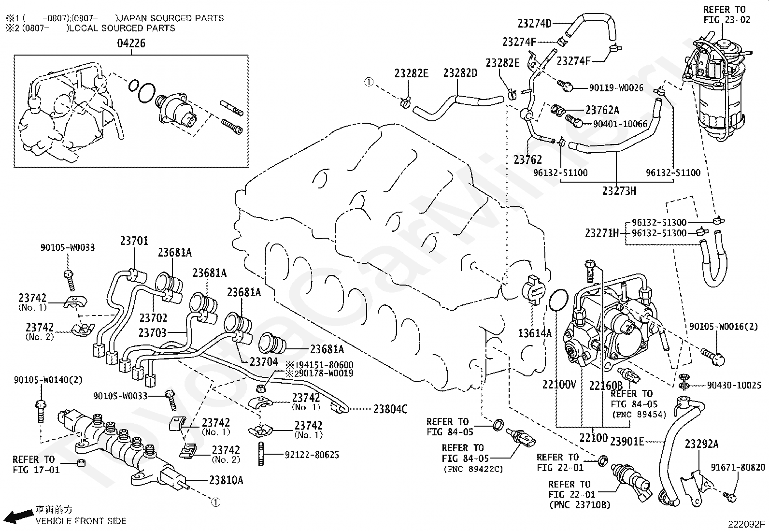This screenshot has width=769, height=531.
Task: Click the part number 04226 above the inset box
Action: pyautogui.click(x=131, y=43)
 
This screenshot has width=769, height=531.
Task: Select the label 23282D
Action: pyautogui.click(x=460, y=73)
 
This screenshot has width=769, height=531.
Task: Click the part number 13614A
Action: pyautogui.click(x=535, y=333)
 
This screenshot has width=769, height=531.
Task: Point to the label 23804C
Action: pyautogui.click(x=390, y=409)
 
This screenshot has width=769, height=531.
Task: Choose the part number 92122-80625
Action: pyautogui.click(x=312, y=455)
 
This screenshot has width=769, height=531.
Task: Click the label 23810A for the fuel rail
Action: pyautogui.click(x=226, y=480)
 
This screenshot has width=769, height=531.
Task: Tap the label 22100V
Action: pyautogui.click(x=559, y=384)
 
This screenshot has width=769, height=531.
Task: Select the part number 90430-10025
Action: pyautogui.click(x=734, y=386)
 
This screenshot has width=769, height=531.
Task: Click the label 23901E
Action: pyautogui.click(x=627, y=441)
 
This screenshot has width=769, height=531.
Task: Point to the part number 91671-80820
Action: pyautogui.click(x=738, y=467)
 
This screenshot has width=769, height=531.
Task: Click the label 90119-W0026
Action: pyautogui.click(x=616, y=88)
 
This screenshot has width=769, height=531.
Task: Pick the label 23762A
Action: pyautogui.click(x=602, y=110)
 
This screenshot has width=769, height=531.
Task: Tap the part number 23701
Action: pyautogui.click(x=134, y=241)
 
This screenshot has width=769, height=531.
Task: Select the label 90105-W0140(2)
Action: pyautogui.click(x=48, y=380)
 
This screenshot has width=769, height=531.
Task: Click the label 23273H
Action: pyautogui.click(x=619, y=191)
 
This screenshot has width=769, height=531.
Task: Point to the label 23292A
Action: pyautogui.click(x=701, y=444)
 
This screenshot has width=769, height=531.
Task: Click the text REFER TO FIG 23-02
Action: pyautogui.click(x=727, y=15)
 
